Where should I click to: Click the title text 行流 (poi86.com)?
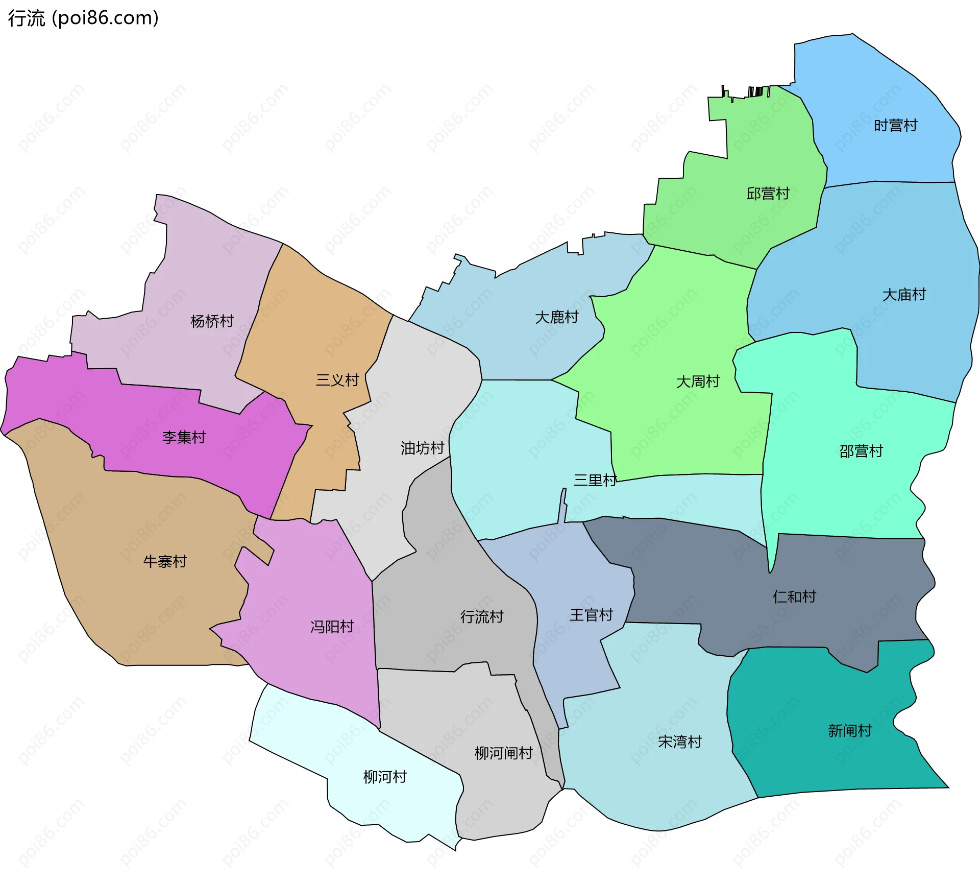coord(83,18)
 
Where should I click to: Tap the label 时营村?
coord(895,126)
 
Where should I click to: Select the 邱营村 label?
coord(768,194)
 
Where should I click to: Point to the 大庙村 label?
coord(904,295)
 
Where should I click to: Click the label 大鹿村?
coord(556,318)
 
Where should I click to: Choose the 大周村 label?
coord(698,382)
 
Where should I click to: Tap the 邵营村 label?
coord(861,451)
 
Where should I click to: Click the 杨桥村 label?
coord(212,321)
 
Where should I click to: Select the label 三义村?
coord(337,380)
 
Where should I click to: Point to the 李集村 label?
coord(184,438)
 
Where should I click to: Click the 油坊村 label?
coord(422,448)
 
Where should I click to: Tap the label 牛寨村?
coord(165,562)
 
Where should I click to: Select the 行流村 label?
coord(481,617)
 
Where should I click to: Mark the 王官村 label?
coord(591,615)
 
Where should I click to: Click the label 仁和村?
coord(794,596)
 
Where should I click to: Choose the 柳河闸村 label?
coord(503,753)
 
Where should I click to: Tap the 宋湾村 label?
coord(680,742)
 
